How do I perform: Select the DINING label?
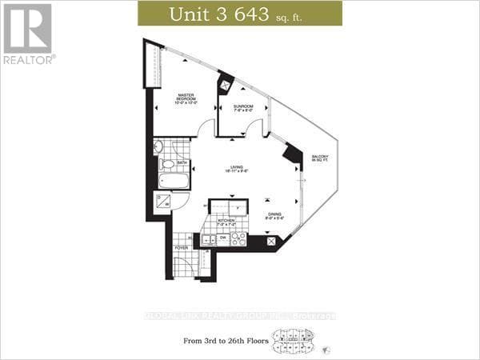click(x=274, y=215)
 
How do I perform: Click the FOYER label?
click(x=182, y=248)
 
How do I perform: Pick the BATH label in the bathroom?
click(x=182, y=162)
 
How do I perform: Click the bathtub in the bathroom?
click(x=173, y=181)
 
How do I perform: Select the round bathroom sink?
click(x=158, y=147)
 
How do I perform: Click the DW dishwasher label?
click(x=223, y=238)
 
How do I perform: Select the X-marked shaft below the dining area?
click(x=272, y=242)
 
